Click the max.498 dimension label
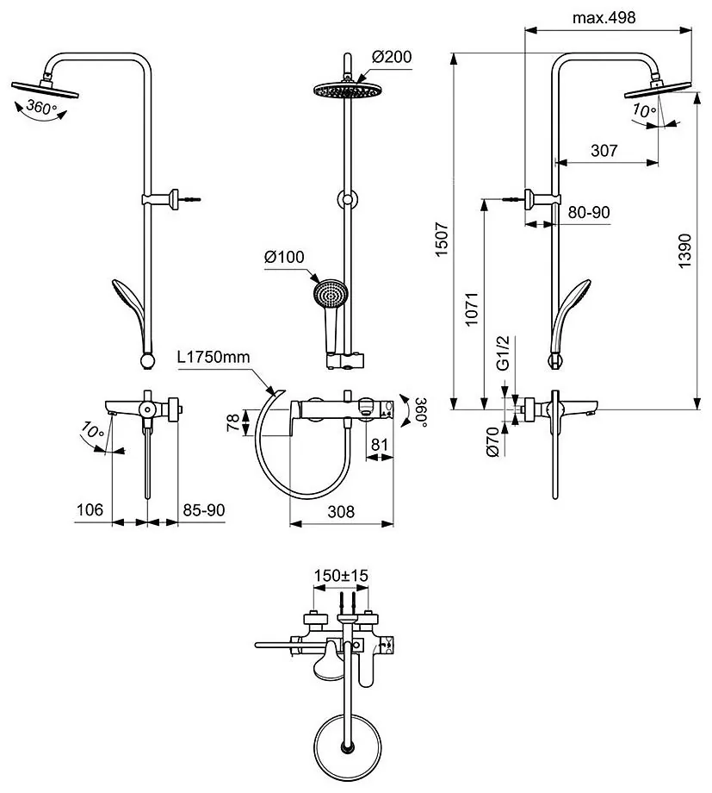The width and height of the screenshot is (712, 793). [604, 18]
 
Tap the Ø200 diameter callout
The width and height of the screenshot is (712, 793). [392, 56]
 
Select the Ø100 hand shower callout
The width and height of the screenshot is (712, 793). [284, 257]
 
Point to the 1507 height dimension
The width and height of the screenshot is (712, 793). [442, 239]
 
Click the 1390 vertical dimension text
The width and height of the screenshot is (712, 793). [684, 251]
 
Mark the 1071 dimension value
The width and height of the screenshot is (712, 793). [472, 309]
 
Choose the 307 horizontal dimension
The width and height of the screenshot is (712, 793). [604, 150]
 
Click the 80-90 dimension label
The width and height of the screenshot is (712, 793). [589, 212]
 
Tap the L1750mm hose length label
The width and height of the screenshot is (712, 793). [214, 357]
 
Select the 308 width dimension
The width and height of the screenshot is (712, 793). [341, 512]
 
